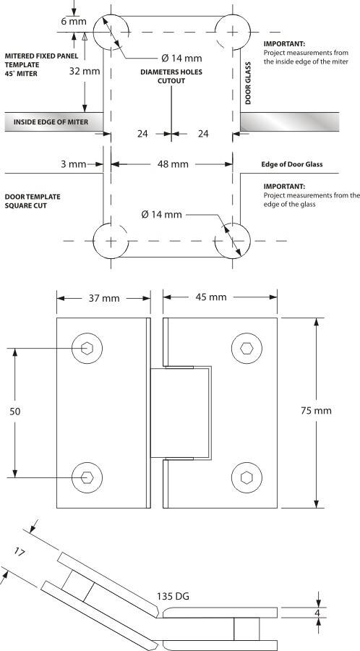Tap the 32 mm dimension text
(x=85, y=71)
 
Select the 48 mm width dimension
(x=173, y=164)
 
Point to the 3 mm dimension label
(x=74, y=164)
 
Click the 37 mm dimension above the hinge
(x=104, y=298)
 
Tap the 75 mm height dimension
(x=316, y=411)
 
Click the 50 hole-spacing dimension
(x=15, y=412)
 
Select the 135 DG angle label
(x=173, y=597)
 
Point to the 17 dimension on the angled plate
(x=19, y=552)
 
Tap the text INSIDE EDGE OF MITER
(x=51, y=122)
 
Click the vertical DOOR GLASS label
(x=248, y=83)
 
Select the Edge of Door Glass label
(x=292, y=164)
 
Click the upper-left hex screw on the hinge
(x=87, y=348)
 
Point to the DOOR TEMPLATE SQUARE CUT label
(x=33, y=201)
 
